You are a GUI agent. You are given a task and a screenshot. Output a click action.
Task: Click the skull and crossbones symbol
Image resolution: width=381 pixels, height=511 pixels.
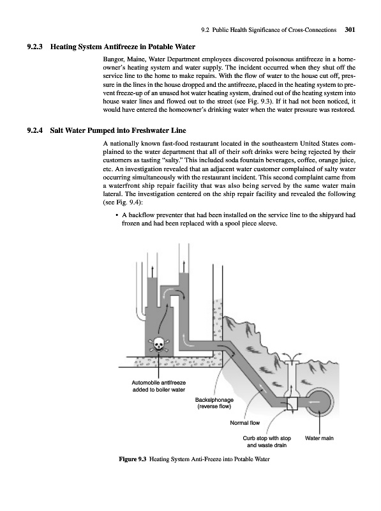point(158,344)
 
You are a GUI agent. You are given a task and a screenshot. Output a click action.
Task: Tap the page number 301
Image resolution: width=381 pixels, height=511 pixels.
point(350,30)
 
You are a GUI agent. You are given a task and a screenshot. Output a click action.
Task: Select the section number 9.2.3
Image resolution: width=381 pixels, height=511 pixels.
point(35,47)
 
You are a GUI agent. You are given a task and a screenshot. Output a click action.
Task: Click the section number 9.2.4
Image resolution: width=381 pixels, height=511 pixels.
point(35,131)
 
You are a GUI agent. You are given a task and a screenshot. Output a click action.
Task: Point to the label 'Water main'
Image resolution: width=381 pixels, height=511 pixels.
point(319,438)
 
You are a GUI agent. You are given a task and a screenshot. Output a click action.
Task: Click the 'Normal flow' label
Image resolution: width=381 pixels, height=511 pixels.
point(245,423)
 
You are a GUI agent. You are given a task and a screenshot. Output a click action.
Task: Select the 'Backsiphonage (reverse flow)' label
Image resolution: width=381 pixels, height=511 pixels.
point(214,403)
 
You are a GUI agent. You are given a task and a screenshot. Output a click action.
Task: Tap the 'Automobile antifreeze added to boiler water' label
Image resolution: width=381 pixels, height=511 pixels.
point(158,386)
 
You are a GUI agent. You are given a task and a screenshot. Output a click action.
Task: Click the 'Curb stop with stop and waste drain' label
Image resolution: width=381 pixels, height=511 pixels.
point(267,442)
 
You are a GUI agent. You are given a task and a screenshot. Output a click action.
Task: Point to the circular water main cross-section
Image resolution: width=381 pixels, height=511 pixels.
point(319,402)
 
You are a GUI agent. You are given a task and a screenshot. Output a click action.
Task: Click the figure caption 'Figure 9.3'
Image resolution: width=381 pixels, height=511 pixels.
point(133,459)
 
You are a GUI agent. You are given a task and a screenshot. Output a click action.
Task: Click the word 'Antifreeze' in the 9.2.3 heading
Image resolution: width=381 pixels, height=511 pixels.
point(121,47)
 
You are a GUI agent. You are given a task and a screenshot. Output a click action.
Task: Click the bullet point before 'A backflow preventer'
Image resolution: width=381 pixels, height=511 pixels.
point(116,215)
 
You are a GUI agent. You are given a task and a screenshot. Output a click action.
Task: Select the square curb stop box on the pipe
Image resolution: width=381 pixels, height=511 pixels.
point(292,404)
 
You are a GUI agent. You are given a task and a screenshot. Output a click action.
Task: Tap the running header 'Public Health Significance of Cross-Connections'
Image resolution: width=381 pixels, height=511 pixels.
point(274,30)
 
